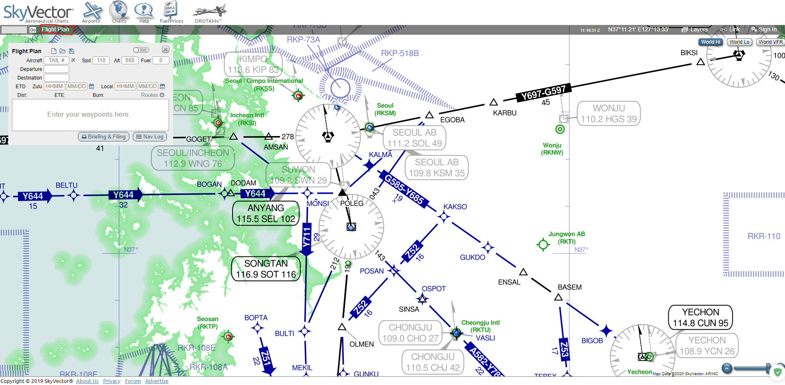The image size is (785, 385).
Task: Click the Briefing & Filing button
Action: [x=104, y=137]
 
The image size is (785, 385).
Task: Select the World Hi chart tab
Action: [x=710, y=42]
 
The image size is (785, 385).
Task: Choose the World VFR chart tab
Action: [x=770, y=42]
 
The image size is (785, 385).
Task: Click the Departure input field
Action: [x=56, y=69]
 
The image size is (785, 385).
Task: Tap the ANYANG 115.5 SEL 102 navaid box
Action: [x=266, y=214]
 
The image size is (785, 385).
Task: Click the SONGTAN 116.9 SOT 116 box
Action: [x=266, y=269]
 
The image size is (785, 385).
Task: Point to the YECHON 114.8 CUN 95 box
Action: [x=700, y=317]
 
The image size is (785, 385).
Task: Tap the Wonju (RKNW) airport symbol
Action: [x=560, y=129]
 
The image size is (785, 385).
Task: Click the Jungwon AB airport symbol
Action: [x=543, y=245]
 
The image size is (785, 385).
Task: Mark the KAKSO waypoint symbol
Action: [x=444, y=216]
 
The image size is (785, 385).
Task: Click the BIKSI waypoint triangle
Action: [x=700, y=62]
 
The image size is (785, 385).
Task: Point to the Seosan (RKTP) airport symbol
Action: [x=228, y=337]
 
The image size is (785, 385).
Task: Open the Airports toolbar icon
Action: [x=91, y=12]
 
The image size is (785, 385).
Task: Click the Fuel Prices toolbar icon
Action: [x=171, y=12]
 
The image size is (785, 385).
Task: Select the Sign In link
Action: [x=764, y=30]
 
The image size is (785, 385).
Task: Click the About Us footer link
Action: [x=87, y=381]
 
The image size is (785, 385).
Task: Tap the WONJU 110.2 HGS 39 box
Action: [x=609, y=113]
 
